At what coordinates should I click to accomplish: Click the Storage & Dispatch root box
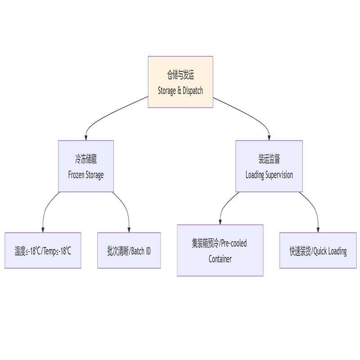180,82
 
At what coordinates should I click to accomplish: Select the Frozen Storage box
86,166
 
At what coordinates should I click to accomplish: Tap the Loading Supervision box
269,166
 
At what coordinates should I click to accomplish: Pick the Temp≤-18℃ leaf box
43,251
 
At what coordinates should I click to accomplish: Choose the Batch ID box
129,251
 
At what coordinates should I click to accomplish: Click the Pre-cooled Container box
220,251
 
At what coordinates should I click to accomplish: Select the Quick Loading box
318,251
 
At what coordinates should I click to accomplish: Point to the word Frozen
76,175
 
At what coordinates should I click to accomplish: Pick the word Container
220,259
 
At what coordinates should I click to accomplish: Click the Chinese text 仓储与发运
180,75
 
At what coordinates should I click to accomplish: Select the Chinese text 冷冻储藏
86,159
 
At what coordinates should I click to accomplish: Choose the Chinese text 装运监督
269,159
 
